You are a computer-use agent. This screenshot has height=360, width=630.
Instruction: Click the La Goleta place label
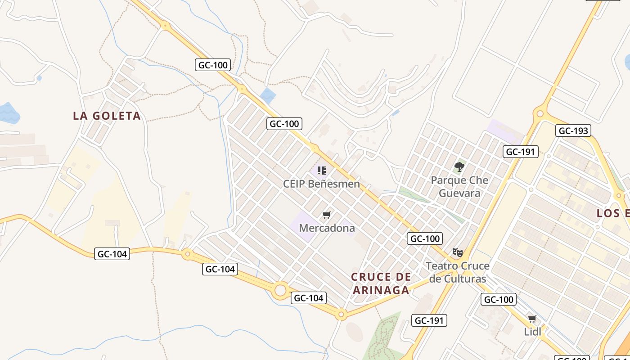tap(107, 116)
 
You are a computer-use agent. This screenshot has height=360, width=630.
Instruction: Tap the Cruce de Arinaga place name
tap(381, 283)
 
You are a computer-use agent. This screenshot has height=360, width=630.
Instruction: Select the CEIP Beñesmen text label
tap(321, 184)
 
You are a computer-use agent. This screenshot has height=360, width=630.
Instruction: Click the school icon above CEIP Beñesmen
tap(321, 171)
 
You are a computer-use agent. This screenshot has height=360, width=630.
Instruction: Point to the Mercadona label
tap(327, 228)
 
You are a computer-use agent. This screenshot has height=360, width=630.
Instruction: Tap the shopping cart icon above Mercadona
tap(327, 215)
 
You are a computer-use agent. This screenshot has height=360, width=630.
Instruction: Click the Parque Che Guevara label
tap(459, 187)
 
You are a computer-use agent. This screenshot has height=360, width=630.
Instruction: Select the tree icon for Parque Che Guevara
tap(459, 167)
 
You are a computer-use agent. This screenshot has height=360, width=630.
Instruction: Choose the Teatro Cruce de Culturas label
tap(458, 272)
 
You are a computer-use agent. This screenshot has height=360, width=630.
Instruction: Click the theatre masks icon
tap(457, 252)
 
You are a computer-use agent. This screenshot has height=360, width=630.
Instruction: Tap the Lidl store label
tap(532, 332)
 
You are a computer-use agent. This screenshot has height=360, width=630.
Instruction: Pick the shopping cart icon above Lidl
tap(532, 319)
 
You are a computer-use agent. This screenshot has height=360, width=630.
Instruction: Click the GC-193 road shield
tap(573, 131)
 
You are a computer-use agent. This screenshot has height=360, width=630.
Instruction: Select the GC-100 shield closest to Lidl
tap(498, 299)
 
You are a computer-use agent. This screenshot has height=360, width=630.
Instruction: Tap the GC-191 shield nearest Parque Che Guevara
tap(521, 152)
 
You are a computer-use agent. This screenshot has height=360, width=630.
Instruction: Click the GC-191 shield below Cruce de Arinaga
tap(429, 320)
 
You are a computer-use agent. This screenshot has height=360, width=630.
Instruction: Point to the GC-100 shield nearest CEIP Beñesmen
tap(284, 124)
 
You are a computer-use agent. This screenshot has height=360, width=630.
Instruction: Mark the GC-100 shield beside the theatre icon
tap(425, 238)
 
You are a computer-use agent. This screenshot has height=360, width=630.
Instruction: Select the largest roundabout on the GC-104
tap(280, 290)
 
